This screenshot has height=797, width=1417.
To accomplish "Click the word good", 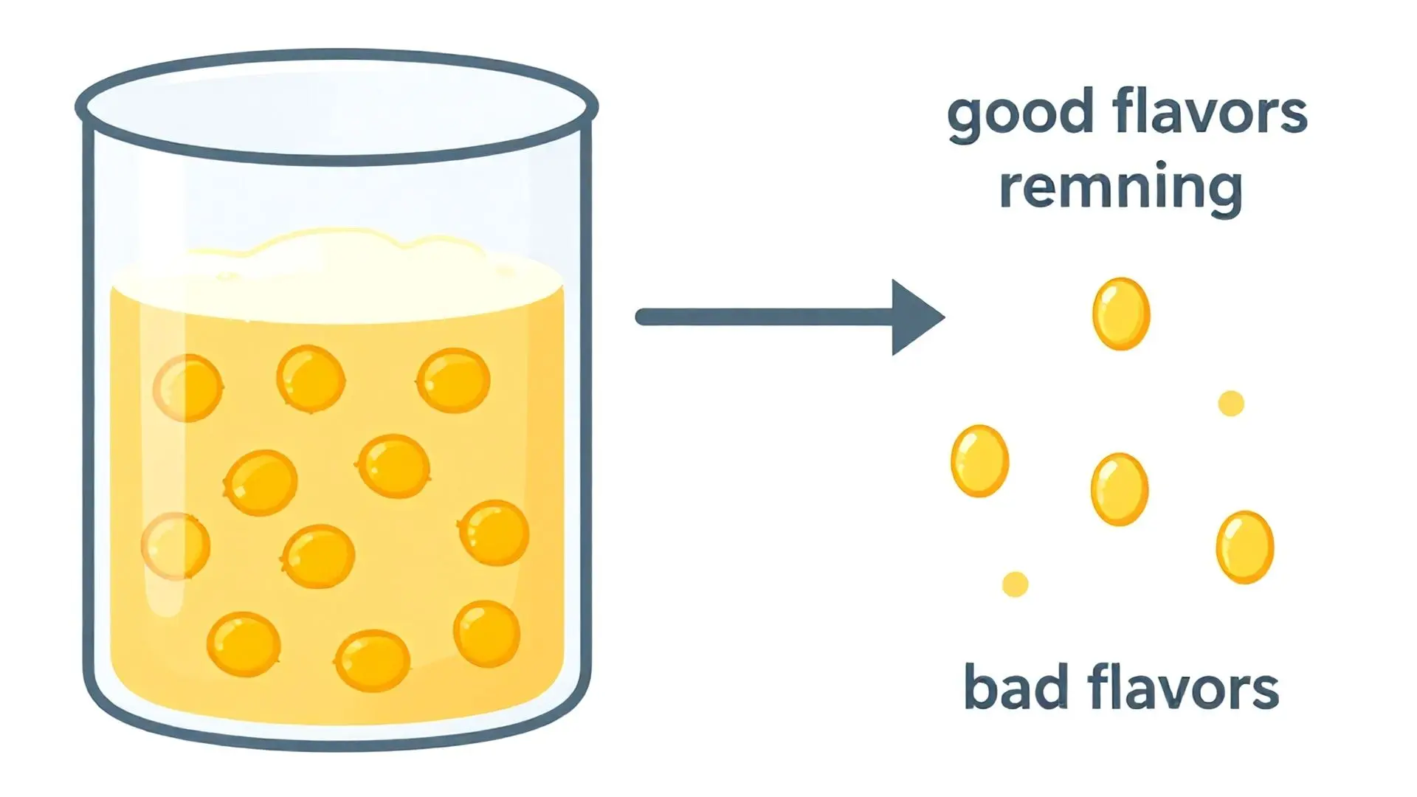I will [x=1020, y=114].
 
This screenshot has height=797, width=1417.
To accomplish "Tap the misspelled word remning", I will [x=1120, y=187].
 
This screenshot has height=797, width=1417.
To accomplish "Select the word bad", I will [x=1016, y=688].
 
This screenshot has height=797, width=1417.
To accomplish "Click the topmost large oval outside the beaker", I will [x=1120, y=314].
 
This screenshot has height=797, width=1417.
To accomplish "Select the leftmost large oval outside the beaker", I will [x=979, y=460].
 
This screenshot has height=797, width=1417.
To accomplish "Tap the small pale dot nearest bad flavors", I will [x=1015, y=584].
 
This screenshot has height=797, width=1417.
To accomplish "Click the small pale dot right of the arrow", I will [x=1230, y=404].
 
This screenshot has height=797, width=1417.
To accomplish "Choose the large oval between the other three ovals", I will [x=1119, y=489].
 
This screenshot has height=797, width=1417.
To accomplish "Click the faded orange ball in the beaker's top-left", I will [x=187, y=387].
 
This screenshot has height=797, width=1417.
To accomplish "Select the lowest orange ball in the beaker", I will [x=372, y=660].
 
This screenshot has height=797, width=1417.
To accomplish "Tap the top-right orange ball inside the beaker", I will [x=453, y=380].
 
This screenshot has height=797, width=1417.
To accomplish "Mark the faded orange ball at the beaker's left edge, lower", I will [x=176, y=546].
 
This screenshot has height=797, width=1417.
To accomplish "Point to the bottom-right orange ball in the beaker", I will [x=486, y=634].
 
